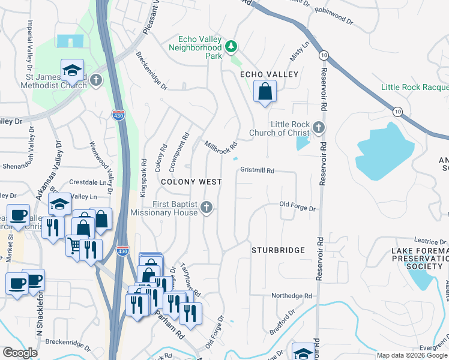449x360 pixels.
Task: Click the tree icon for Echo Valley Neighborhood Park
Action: pos(231,47)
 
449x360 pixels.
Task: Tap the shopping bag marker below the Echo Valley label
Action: pos(265,92)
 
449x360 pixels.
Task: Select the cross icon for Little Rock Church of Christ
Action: pos(319,127)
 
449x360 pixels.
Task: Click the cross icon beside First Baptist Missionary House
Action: pos(206,208)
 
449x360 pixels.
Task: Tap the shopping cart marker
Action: pos(74,245)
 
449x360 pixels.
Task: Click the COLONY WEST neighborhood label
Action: pos(191,182)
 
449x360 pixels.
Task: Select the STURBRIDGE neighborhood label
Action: pos(278,250)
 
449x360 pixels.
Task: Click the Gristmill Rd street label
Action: pos(257,170)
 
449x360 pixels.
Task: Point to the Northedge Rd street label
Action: pos(292,296)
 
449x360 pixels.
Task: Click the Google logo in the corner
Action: pos(20,353)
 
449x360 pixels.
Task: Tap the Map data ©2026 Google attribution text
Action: pos(411,355)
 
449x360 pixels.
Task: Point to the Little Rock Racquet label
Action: pos(414,88)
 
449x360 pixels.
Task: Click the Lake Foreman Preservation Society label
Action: pos(419,258)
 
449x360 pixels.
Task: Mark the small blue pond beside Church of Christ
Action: pos(303,143)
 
